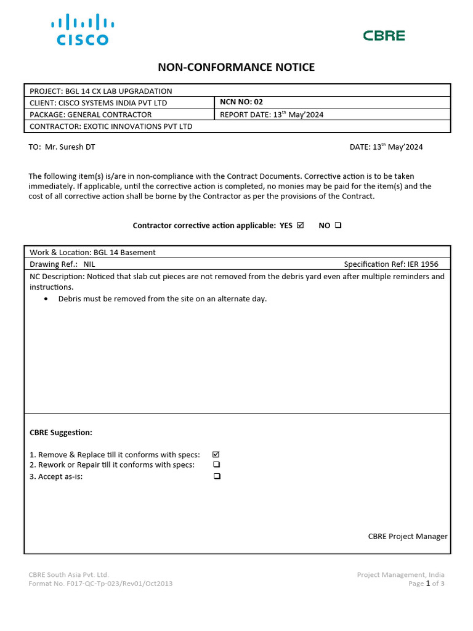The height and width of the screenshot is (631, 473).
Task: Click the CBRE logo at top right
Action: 384,36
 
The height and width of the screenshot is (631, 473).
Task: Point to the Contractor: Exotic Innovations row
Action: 111,126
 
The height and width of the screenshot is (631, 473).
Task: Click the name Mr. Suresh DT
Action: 70,147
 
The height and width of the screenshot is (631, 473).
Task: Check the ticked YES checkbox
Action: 301,226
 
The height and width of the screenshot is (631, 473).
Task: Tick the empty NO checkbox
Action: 338,226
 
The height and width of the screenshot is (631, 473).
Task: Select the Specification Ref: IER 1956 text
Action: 391,264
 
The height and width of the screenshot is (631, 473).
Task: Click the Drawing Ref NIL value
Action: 89,264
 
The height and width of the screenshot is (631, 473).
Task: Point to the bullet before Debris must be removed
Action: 47,299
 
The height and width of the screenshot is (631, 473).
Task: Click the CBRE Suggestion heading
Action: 61,433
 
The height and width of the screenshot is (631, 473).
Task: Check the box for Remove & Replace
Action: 216,454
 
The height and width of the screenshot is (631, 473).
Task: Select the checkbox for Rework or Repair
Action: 216,465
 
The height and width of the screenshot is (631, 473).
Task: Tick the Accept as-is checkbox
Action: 216,476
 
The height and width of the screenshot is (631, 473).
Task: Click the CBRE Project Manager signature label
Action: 408,536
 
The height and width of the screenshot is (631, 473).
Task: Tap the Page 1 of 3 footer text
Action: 426,584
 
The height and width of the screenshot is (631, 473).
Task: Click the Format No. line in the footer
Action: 100,584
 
